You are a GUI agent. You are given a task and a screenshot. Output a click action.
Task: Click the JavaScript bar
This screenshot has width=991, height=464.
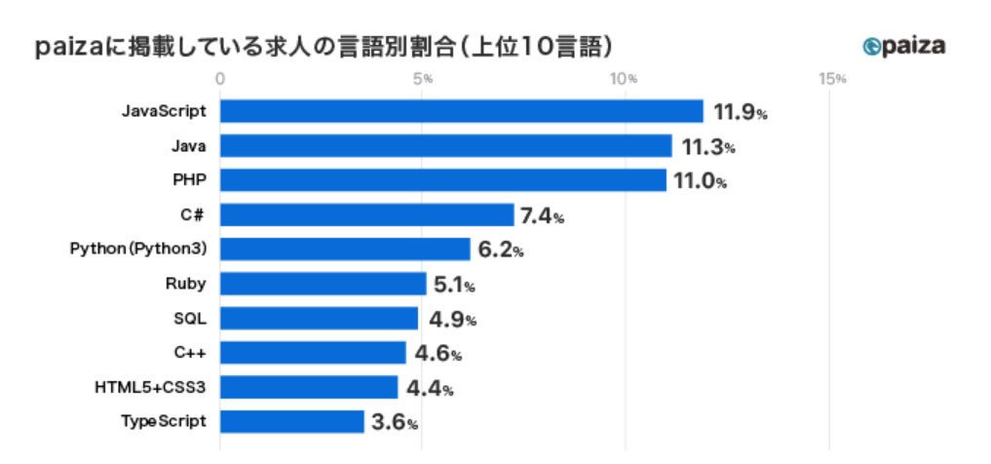click(x=461, y=111)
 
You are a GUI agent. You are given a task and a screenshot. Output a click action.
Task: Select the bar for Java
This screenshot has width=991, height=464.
click(x=445, y=146)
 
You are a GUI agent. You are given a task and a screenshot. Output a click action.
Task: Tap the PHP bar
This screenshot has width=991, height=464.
click(x=443, y=180)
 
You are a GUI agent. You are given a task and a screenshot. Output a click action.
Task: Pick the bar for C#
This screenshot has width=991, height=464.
click(x=366, y=214)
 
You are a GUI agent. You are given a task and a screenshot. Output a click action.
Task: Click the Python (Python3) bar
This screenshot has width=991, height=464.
click(x=345, y=250)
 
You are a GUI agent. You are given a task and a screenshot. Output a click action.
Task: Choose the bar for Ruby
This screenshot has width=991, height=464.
click(x=323, y=284)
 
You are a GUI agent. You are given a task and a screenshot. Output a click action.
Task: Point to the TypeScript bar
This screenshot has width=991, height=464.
click(x=292, y=422)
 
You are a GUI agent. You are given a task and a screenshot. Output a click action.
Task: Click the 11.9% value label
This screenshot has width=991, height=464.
click(x=741, y=113)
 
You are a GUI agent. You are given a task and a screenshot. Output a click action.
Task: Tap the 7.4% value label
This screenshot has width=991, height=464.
click(x=542, y=216)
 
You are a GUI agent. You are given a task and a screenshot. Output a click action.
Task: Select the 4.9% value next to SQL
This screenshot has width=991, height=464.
click(x=452, y=320)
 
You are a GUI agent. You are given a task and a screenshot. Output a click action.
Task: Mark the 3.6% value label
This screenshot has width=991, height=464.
click(x=395, y=423)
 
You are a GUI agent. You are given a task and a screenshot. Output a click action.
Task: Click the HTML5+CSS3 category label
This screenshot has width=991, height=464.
click(x=150, y=388)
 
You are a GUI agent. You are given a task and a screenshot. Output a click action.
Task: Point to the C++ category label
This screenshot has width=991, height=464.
click(x=190, y=354)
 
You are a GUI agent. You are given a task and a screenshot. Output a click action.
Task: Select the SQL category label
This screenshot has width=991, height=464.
click(x=190, y=319)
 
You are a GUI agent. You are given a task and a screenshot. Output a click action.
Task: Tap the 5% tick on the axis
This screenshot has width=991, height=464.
click(x=422, y=79)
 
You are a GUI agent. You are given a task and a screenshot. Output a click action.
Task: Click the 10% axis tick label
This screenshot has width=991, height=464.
click(x=625, y=79)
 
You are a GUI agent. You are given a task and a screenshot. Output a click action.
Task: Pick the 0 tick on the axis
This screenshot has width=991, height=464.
click(x=220, y=79)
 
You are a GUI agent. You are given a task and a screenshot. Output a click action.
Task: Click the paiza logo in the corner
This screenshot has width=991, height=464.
click(x=903, y=46)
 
